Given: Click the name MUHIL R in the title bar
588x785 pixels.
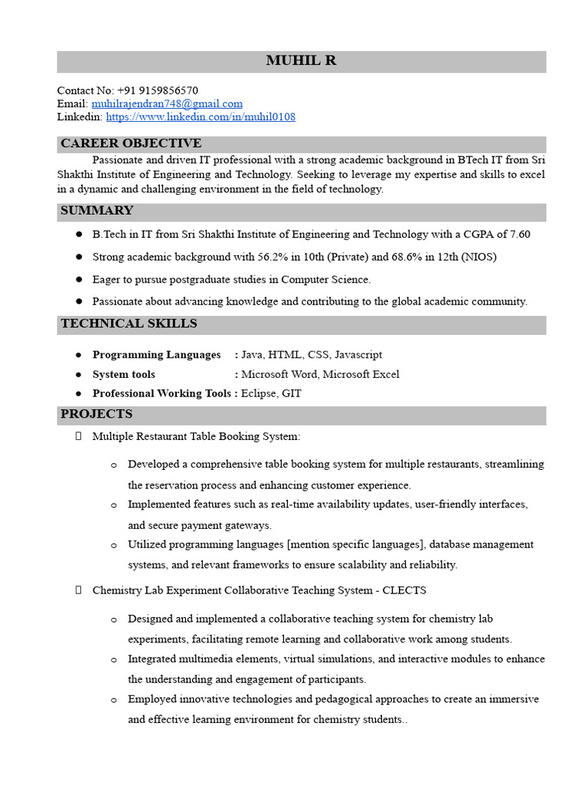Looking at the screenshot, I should pyautogui.click(x=301, y=61).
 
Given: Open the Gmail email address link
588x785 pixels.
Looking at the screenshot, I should pyautogui.click(x=167, y=103).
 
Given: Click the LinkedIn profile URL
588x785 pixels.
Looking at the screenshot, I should pyautogui.click(x=201, y=117).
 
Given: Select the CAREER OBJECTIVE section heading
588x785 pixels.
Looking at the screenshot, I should pyautogui.click(x=131, y=143).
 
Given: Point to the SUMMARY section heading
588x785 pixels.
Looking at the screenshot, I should pyautogui.click(x=97, y=211).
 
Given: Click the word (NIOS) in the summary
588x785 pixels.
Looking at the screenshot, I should pyautogui.click(x=469, y=257).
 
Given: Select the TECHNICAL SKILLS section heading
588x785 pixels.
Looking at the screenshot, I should pyautogui.click(x=129, y=324).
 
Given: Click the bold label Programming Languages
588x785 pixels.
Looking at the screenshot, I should pyautogui.click(x=156, y=355).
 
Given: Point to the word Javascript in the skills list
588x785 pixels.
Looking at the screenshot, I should pyautogui.click(x=358, y=355).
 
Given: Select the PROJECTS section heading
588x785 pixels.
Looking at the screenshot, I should pyautogui.click(x=96, y=415).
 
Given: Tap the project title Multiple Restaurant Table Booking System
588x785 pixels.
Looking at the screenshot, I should pyautogui.click(x=196, y=437).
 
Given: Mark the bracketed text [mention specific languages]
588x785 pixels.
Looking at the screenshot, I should pyautogui.click(x=355, y=545).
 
